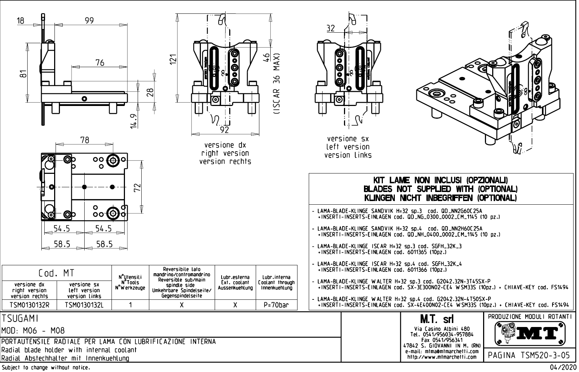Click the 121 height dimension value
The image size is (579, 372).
click(173, 60)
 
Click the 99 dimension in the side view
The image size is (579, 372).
click(89, 20)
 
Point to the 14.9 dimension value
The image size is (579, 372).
click(134, 121)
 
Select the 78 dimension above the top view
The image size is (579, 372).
click(85, 140)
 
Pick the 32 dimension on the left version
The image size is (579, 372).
click(331, 28)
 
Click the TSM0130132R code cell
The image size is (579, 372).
click(29, 305)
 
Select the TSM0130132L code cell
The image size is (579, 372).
click(84, 305)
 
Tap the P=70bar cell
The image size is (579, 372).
click(277, 305)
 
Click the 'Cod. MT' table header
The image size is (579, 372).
click(56, 273)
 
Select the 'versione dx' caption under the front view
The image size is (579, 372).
click(225, 145)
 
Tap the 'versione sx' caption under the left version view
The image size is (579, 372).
click(348, 139)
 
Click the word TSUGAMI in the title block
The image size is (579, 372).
click(20, 319)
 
